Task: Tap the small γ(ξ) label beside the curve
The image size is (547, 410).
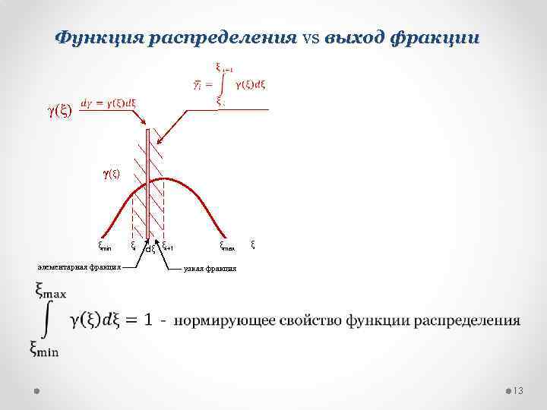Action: [x=111, y=173]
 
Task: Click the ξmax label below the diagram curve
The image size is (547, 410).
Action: [x=228, y=245]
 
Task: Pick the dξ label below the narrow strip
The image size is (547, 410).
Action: [x=150, y=248]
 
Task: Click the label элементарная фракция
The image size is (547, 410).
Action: [x=79, y=266]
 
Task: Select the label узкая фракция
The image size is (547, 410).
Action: [x=210, y=269]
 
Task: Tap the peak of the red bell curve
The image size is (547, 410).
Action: [x=163, y=179]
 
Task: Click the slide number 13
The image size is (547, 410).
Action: [x=519, y=390]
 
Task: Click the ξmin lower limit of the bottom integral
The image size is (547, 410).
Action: [x=44, y=348]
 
